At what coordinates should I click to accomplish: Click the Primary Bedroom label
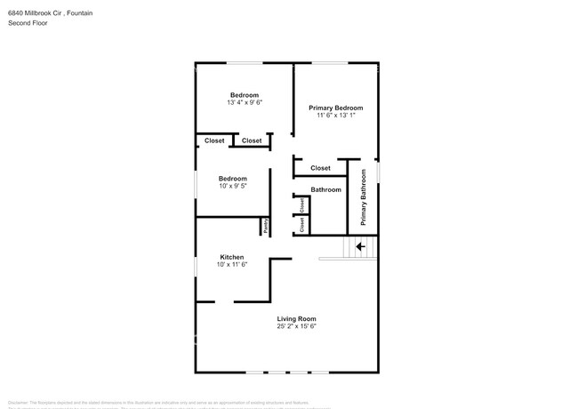point(336,108)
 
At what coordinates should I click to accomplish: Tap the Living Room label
point(296,318)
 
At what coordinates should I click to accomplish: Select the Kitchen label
point(232,257)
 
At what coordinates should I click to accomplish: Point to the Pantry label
point(265,227)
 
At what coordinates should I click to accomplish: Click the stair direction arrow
point(360,246)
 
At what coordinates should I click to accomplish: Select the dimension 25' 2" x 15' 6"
point(296,326)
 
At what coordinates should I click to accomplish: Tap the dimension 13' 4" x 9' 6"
point(245,103)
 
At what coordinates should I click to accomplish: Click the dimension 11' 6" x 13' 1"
point(336,116)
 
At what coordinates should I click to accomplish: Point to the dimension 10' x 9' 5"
point(232,187)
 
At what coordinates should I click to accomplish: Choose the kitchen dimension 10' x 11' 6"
point(232,265)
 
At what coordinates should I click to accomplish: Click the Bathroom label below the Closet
point(325,189)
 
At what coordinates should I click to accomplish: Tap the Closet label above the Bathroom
point(320,168)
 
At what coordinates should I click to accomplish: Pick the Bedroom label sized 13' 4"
point(245,95)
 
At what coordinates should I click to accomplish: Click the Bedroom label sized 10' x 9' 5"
point(232,179)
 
